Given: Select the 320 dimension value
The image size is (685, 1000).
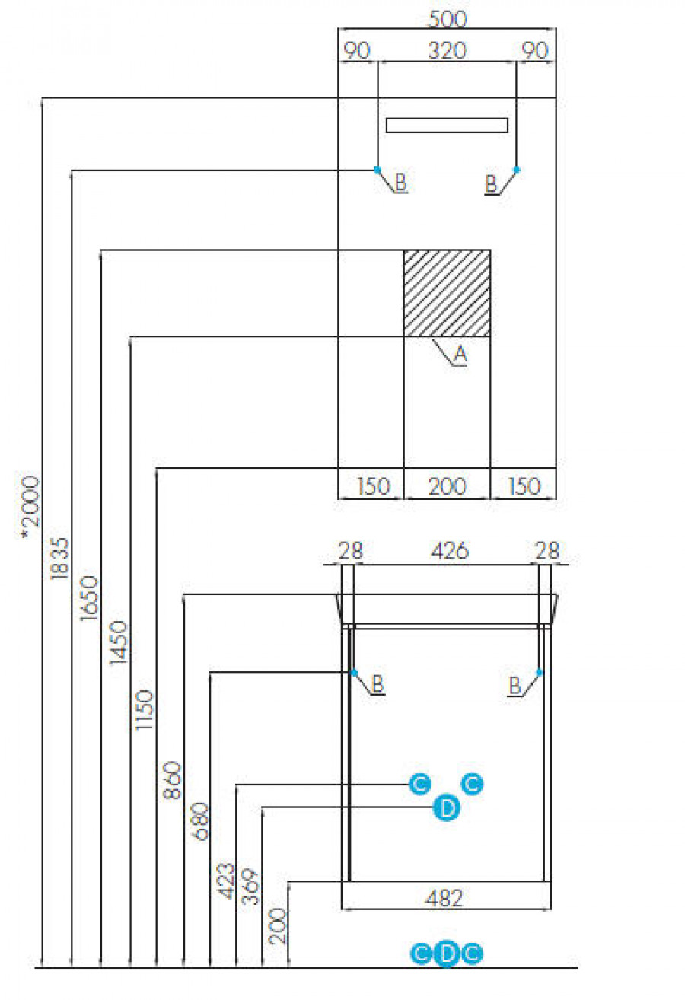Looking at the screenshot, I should point(447,51).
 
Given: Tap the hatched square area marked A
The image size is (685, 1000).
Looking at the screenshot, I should point(447,292).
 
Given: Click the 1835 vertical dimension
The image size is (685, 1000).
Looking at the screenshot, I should point(60,559).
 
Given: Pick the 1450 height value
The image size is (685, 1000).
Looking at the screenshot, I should point(119,643).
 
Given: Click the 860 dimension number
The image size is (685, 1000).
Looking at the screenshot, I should point(173,780).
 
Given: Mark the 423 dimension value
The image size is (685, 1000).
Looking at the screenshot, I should point(226,881).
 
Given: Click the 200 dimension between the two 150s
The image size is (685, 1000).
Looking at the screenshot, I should point(447,486).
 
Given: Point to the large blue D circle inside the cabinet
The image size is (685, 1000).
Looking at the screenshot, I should point(447,807).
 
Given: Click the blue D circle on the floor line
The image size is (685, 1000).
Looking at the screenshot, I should point(447,953).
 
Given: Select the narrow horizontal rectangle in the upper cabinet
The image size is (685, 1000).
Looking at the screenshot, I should point(447,126).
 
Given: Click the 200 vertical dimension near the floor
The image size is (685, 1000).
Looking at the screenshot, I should point(278,925).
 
